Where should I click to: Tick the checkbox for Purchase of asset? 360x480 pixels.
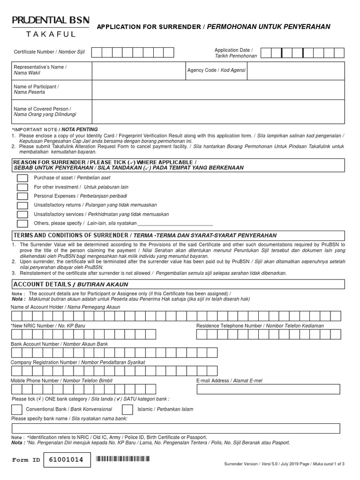click(22, 178)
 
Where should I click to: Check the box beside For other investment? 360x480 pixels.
click(22, 187)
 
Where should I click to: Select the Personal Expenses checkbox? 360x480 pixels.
click(22, 196)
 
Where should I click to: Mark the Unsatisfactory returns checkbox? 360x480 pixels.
click(22, 205)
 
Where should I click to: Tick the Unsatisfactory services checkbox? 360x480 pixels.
click(22, 214)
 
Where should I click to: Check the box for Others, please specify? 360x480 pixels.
click(22, 224)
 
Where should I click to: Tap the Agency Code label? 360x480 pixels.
click(216, 70)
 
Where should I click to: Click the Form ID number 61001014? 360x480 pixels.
click(66, 460)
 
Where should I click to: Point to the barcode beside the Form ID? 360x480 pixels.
click(124, 459)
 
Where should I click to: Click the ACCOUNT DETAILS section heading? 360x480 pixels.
click(70, 285)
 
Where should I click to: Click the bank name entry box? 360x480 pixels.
click(176, 428)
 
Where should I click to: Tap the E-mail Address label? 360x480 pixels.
click(229, 381)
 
